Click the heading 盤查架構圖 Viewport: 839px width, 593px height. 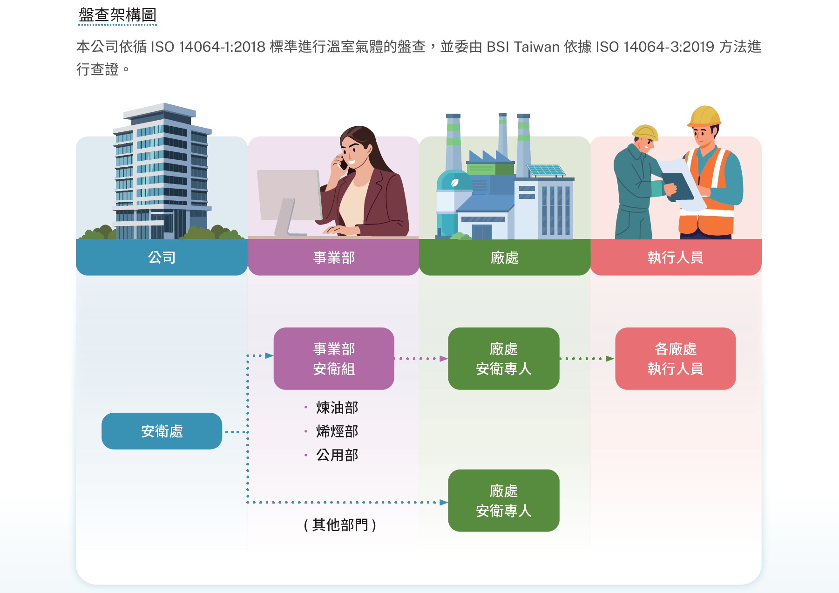pos(117,15)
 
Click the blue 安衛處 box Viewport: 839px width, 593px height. pos(162,431)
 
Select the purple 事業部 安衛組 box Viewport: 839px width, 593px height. pos(334,359)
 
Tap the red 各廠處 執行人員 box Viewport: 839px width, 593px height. pos(675,359)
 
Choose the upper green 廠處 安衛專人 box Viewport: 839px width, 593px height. pos(504,359)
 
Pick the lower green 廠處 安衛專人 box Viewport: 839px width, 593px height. pos(504,501)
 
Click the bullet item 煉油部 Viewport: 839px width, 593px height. pos(337,408)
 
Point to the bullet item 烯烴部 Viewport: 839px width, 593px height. pos(337,431)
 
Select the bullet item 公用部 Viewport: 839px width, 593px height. pos(337,455)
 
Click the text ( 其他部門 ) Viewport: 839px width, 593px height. pos(340,525)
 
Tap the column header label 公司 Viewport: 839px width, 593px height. pos(162,257)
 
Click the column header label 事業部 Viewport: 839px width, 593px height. pos(334,257)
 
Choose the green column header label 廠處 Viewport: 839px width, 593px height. pos(504,257)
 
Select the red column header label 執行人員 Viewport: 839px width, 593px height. pos(675,257)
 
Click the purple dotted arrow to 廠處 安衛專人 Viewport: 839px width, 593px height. pos(421,359)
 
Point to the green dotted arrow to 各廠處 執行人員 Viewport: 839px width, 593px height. pos(587,359)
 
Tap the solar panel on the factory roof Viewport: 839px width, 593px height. pos(546,170)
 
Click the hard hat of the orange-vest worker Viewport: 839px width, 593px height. pos(704,116)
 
